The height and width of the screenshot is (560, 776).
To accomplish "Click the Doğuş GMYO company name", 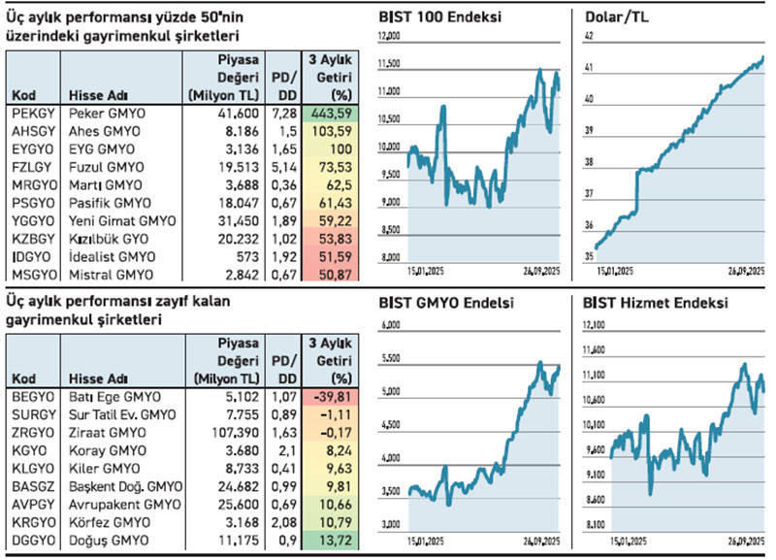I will coord(106,539).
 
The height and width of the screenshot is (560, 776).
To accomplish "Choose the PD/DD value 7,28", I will coord(282,114).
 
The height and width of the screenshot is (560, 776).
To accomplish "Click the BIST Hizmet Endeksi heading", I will coord(656,302).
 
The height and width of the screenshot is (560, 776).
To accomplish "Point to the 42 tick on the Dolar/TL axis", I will coord(589,37).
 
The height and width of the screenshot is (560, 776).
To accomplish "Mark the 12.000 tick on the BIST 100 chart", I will coord(388,37).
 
